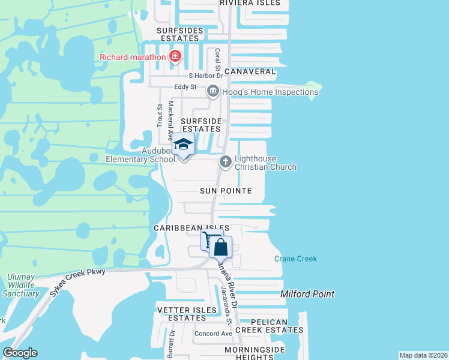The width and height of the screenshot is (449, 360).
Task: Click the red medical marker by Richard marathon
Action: pos(175,57)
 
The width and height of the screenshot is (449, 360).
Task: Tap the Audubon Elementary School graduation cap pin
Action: pos(184,146)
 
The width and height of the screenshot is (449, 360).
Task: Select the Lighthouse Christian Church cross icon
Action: pos(226,161)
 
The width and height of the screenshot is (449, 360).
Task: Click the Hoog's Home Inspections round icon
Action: pos(212,92)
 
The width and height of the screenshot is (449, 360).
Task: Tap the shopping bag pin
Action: pos(221,247)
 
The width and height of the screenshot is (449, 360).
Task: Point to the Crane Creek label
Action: pos(295,259)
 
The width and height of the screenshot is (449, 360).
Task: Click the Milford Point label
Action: pos(307,294)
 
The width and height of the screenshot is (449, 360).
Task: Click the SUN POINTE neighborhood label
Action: pos(226,191)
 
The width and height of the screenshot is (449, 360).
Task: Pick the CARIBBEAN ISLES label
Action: pos(191,228)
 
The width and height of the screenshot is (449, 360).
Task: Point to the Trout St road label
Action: pos(160,115)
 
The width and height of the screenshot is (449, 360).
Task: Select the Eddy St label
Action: pos(185,87)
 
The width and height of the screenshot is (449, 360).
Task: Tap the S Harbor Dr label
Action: pos(205,76)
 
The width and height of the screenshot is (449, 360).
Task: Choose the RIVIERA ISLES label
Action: pos(250,3)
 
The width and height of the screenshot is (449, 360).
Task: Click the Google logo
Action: pos(20,353)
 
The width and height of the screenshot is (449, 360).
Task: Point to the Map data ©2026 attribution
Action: pos(423,355)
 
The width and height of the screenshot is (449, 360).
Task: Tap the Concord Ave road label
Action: pos(213,334)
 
